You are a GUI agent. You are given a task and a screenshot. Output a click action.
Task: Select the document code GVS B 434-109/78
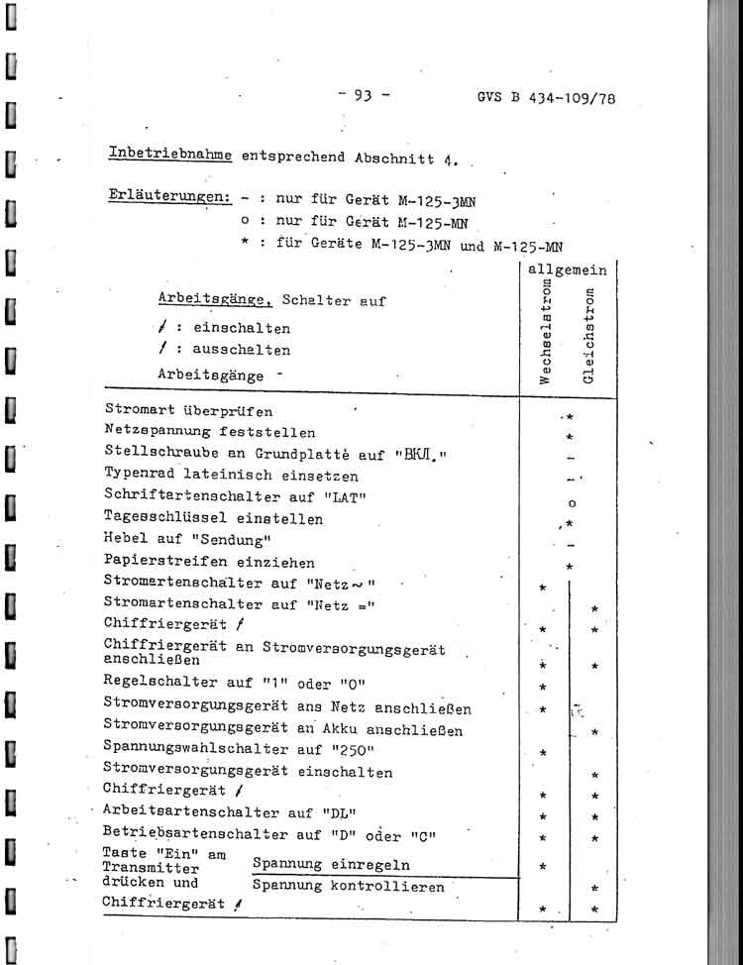(547, 99)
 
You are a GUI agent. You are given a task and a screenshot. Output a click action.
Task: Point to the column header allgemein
(567, 269)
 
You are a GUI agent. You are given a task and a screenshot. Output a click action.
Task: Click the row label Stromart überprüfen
(188, 410)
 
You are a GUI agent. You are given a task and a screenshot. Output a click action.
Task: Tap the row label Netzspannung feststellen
(209, 432)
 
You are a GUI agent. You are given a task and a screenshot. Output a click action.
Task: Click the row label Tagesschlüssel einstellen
(213, 518)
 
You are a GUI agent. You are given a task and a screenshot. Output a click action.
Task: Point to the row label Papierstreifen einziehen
(208, 562)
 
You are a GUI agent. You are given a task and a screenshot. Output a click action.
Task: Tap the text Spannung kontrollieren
(348, 887)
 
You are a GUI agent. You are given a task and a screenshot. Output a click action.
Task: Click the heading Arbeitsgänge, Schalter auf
(270, 299)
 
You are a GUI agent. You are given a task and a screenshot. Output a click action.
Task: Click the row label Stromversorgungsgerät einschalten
(248, 771)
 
